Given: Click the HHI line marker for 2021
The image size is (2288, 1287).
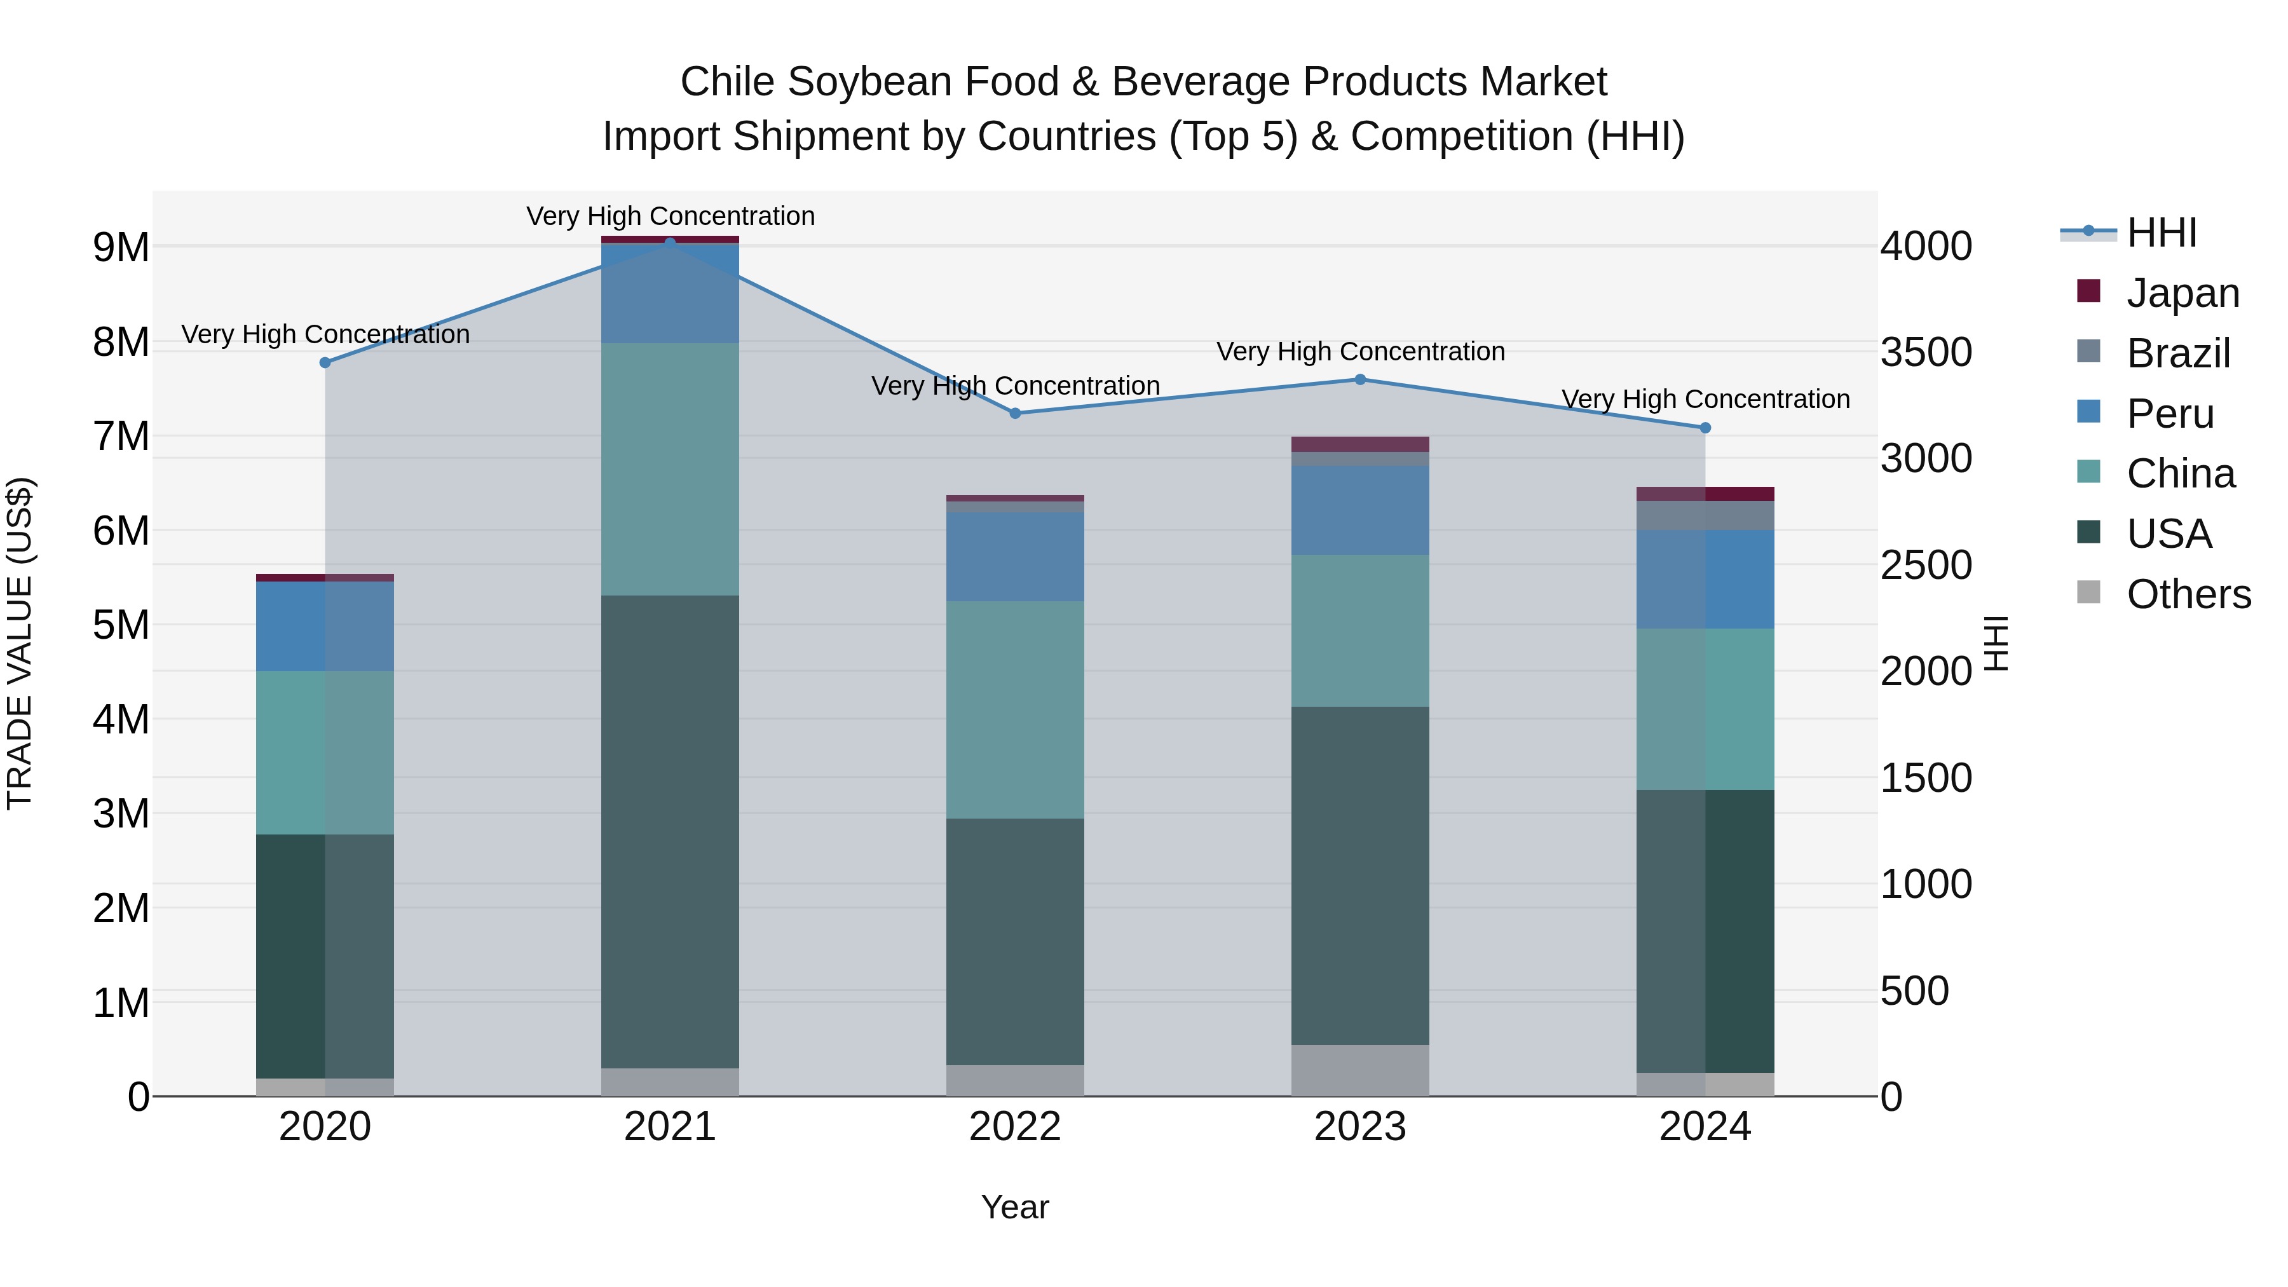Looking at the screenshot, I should pyautogui.click(x=670, y=243).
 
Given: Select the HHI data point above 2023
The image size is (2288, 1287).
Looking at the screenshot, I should pyautogui.click(x=1360, y=379).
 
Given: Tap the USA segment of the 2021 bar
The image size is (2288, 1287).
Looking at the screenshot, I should pyautogui.click(x=670, y=831).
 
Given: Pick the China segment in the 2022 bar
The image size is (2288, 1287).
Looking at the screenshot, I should pyautogui.click(x=1015, y=710).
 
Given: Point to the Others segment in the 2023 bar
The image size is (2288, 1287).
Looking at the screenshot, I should pyautogui.click(x=1360, y=1070).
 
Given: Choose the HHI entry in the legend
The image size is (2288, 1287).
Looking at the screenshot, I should pyautogui.click(x=2160, y=233).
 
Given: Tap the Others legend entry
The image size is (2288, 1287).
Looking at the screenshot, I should pyautogui.click(x=2188, y=594).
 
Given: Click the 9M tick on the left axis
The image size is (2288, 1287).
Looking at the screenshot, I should pyautogui.click(x=121, y=247).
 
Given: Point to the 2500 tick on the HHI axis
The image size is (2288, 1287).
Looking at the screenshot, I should pyautogui.click(x=1926, y=566).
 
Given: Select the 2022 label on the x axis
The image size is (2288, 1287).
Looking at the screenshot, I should pyautogui.click(x=1015, y=1127).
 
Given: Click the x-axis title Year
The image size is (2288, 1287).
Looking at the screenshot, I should pyautogui.click(x=1014, y=1207).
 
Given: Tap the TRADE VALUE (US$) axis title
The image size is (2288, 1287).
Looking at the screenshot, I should pyautogui.click(x=20, y=643).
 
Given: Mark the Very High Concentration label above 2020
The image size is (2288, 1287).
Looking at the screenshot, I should pyautogui.click(x=325, y=335).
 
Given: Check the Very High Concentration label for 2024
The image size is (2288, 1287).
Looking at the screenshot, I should pyautogui.click(x=1705, y=400).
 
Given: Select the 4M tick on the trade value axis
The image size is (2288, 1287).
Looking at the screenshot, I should pyautogui.click(x=121, y=719).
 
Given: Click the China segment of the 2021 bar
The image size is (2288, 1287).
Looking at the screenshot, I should pyautogui.click(x=670, y=469).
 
